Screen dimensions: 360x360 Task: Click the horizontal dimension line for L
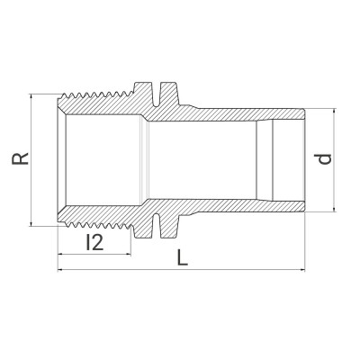coord(225,269)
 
